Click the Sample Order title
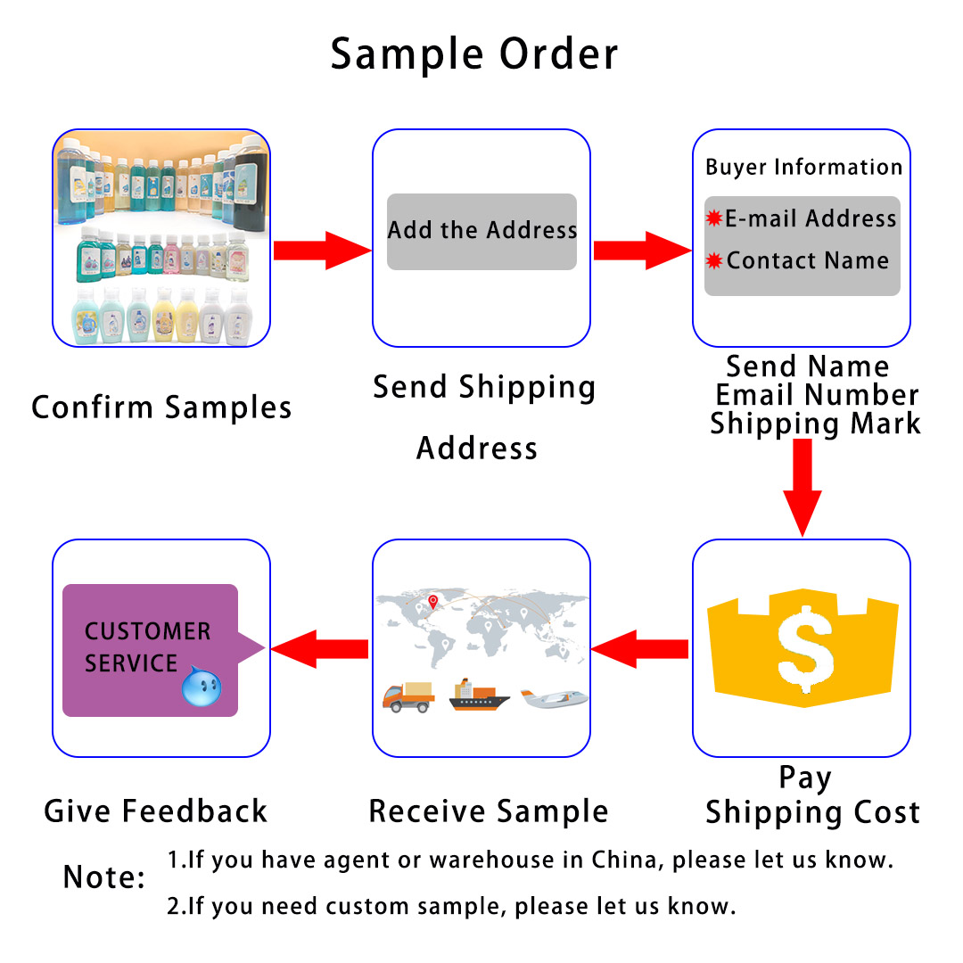473,54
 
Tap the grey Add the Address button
481,231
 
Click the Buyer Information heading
803,167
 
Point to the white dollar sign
805,644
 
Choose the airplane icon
554,698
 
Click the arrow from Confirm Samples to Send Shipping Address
321,251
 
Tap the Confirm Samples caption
161,407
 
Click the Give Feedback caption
156,811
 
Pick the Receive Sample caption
489,811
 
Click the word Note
103,877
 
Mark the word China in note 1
622,860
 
